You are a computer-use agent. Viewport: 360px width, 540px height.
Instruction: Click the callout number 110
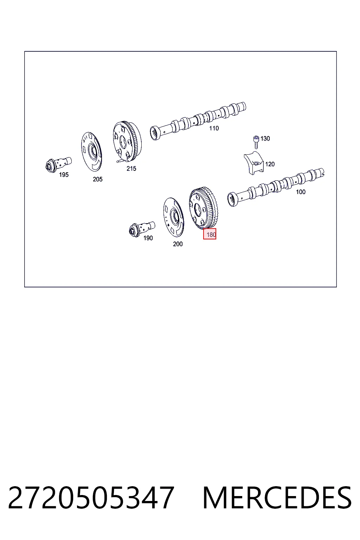pyautogui.click(x=214, y=128)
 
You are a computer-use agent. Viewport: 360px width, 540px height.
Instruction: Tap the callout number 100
pyautogui.click(x=301, y=192)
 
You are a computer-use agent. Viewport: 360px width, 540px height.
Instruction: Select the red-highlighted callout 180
pyautogui.click(x=210, y=234)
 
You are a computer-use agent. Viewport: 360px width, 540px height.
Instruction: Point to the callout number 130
pyautogui.click(x=265, y=139)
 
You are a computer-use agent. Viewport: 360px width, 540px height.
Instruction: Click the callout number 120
pyautogui.click(x=270, y=164)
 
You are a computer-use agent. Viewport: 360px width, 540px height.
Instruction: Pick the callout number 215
pyautogui.click(x=131, y=169)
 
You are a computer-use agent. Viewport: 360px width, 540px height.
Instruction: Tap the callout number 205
pyautogui.click(x=98, y=179)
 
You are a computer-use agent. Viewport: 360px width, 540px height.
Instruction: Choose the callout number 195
pyautogui.click(x=64, y=175)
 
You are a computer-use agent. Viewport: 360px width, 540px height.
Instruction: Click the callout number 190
pyautogui.click(x=148, y=238)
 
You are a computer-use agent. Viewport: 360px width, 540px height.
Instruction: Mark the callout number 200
pyautogui.click(x=178, y=244)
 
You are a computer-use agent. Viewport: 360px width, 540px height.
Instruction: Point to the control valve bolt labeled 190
pyautogui.click(x=142, y=229)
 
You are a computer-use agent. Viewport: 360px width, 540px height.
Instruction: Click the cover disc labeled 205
pyautogui.click(x=91, y=152)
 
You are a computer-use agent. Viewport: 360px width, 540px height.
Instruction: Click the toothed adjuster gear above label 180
pyautogui.click(x=203, y=207)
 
